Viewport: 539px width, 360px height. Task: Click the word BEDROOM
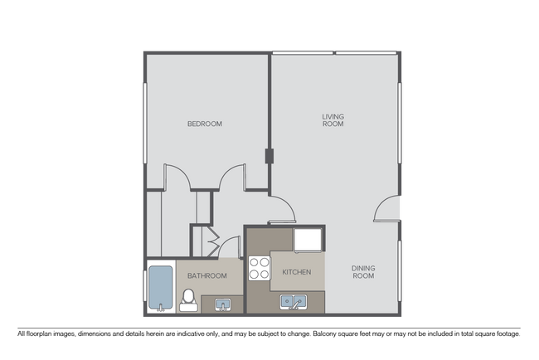(205, 124)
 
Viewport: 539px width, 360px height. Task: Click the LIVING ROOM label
(333, 120)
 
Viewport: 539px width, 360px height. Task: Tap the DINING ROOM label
(362, 271)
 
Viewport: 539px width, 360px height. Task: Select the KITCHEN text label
(296, 272)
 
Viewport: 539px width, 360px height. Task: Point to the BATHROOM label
(206, 275)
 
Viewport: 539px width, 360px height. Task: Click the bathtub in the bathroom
(161, 288)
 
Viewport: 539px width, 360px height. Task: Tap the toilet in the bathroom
(188, 298)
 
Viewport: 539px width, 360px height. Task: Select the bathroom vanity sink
(221, 304)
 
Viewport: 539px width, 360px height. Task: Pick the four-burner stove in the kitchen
(260, 268)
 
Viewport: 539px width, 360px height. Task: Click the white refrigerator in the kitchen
(307, 241)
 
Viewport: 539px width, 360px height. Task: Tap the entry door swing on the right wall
(387, 210)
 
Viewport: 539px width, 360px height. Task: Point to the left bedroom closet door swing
(178, 176)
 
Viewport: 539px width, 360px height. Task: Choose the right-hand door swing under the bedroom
(233, 176)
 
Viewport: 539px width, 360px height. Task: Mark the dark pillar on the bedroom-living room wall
(269, 155)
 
